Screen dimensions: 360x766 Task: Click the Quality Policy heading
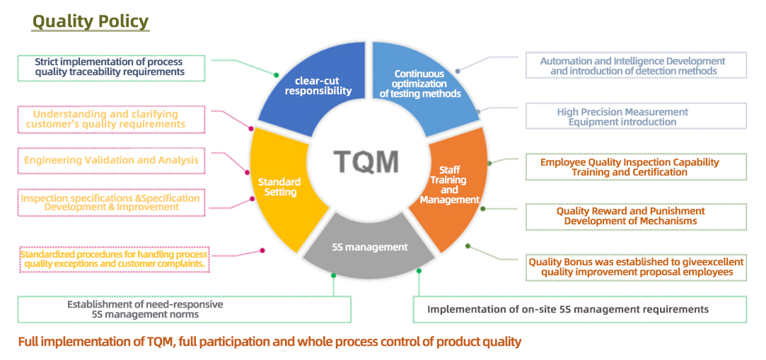click(x=91, y=21)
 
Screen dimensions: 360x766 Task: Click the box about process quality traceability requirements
click(x=110, y=67)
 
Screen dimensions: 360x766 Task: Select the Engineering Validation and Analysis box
click(x=111, y=160)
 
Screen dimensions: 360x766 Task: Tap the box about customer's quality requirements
click(x=110, y=120)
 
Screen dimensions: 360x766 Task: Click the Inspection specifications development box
click(x=110, y=203)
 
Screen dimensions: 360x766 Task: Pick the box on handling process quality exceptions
click(x=114, y=259)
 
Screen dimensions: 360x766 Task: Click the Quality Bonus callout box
click(x=636, y=267)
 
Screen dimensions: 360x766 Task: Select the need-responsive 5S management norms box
click(x=184, y=309)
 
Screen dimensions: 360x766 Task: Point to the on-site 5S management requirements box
click(x=579, y=309)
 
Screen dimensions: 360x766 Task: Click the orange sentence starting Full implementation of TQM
click(x=269, y=342)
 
